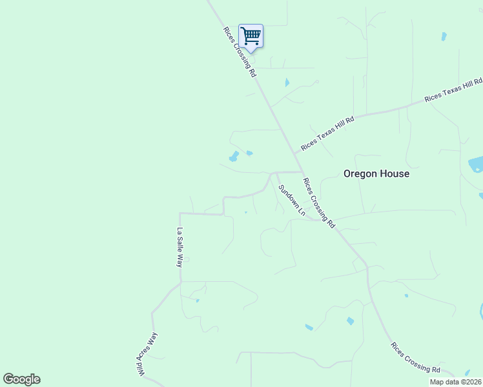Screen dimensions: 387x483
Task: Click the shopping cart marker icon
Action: tap(251, 35)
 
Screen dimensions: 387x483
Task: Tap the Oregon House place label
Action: tap(376, 174)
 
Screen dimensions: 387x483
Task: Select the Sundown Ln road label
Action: tap(291, 200)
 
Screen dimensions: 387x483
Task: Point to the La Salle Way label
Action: tap(181, 248)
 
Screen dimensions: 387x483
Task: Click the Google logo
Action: tap(21, 379)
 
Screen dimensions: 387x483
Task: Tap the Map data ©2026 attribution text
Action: tap(455, 382)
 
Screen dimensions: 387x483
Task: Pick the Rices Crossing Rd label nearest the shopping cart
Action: tap(240, 52)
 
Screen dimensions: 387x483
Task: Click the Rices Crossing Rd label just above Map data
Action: tap(415, 357)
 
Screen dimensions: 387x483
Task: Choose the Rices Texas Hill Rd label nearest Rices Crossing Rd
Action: tap(327, 134)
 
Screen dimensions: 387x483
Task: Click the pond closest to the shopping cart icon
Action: tap(287, 83)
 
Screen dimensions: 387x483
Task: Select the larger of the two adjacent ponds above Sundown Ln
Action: tap(233, 156)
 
